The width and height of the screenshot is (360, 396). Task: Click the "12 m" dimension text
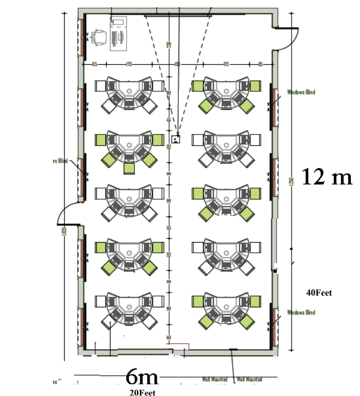click(x=327, y=176)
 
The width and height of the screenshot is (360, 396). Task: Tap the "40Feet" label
click(x=319, y=293)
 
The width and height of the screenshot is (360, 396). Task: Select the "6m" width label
click(x=142, y=378)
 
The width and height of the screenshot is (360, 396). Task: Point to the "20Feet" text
click(x=142, y=392)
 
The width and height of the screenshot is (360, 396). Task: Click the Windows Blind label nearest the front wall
click(x=301, y=92)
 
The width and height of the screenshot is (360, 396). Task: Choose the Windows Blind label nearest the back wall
click(x=301, y=312)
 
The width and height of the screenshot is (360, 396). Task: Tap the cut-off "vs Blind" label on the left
click(x=60, y=161)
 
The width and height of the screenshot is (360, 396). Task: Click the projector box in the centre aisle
click(x=176, y=138)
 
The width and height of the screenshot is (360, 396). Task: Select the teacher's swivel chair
click(x=98, y=37)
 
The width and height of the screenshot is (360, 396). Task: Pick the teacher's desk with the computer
click(x=119, y=34)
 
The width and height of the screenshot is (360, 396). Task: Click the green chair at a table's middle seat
click(x=129, y=168)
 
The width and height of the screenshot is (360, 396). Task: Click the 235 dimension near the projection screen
click(x=169, y=44)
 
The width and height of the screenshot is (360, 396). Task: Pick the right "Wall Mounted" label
click(x=249, y=379)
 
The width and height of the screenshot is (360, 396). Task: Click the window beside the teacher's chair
click(x=82, y=37)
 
